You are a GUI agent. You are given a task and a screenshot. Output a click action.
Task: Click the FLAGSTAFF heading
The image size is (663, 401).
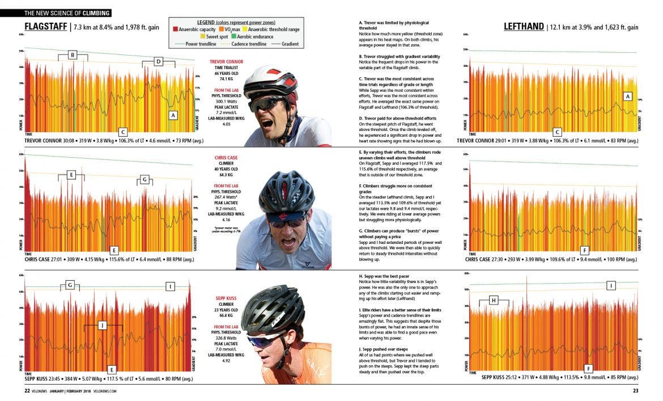pyautogui.click(x=45, y=27)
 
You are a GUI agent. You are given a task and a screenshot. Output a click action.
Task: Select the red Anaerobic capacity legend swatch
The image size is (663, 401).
pyautogui.click(x=175, y=29)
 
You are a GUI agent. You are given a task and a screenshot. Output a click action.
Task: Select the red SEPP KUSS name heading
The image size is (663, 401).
pyautogui.click(x=226, y=298)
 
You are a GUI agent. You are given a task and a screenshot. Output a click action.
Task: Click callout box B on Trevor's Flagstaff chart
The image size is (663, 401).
pyautogui.click(x=73, y=55)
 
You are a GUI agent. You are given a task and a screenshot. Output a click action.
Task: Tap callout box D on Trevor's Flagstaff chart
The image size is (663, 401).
pyautogui.click(x=159, y=61)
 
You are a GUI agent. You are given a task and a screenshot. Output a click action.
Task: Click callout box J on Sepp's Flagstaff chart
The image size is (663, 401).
pyautogui.click(x=102, y=325)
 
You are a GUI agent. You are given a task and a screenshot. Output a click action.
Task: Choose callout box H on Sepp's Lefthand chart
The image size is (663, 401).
pyautogui.click(x=494, y=300)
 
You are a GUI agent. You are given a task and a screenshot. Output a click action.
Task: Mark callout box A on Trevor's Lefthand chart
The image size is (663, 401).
pyautogui.click(x=627, y=96)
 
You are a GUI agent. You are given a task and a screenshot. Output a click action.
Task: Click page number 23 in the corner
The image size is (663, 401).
pyautogui.click(x=636, y=390)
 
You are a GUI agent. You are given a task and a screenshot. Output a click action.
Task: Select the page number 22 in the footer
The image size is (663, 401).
pyautogui.click(x=27, y=390)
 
